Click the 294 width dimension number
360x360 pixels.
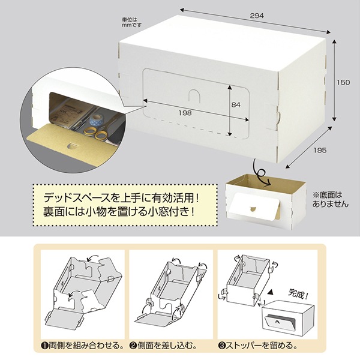tap(257, 16)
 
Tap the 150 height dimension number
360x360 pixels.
tap(343, 82)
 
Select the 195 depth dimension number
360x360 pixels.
tap(320, 150)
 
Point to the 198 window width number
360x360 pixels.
tap(185, 113)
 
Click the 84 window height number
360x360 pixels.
tap(236, 104)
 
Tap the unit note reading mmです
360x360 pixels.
tap(131, 25)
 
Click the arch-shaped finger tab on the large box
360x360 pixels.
tap(194, 95)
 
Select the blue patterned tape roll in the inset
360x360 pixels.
tap(96, 119)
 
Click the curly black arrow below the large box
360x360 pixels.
tap(262, 173)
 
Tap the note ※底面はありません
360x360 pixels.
tap(330, 200)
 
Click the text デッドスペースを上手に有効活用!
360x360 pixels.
tap(121, 198)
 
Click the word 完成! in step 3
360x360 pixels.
tap(298, 294)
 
